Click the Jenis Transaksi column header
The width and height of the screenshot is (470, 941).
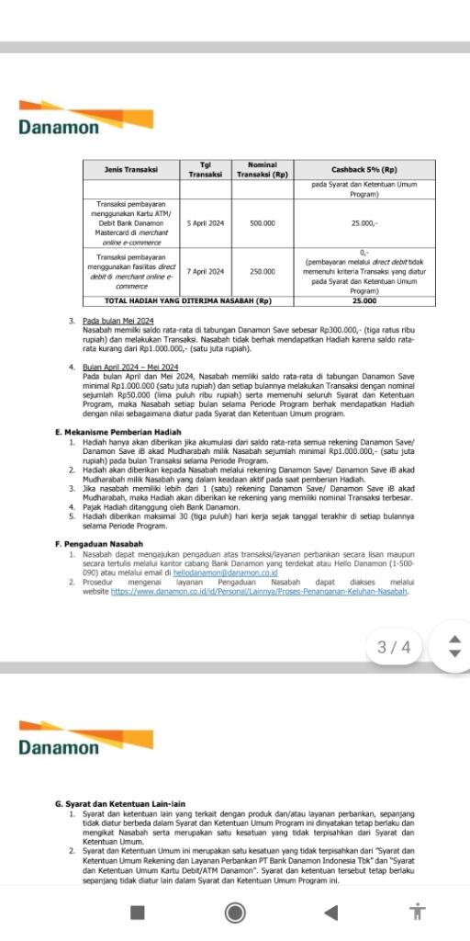(132, 169)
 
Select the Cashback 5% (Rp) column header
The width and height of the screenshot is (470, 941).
(364, 169)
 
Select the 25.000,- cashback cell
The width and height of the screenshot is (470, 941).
(364, 222)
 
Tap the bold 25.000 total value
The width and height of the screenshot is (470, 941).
(364, 300)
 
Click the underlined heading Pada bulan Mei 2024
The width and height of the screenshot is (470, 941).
(118, 320)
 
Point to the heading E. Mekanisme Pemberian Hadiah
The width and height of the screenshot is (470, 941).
(117, 432)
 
